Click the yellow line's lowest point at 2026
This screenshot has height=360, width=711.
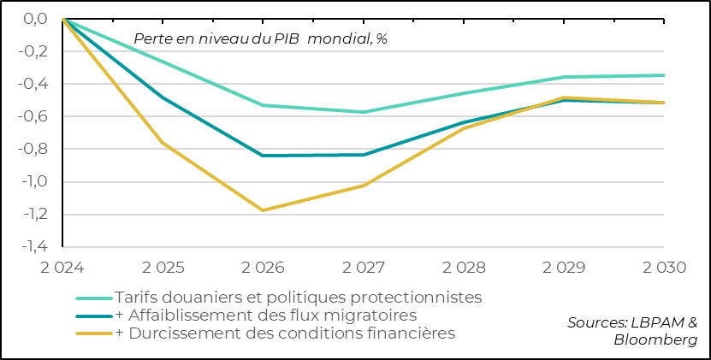pos(264,210)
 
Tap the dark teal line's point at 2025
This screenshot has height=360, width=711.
pos(163,97)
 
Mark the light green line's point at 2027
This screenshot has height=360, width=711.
pos(364,112)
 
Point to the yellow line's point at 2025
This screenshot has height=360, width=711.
pos(163,143)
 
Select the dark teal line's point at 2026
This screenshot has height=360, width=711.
pos(264,156)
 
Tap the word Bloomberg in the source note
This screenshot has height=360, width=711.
pos(655,340)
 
